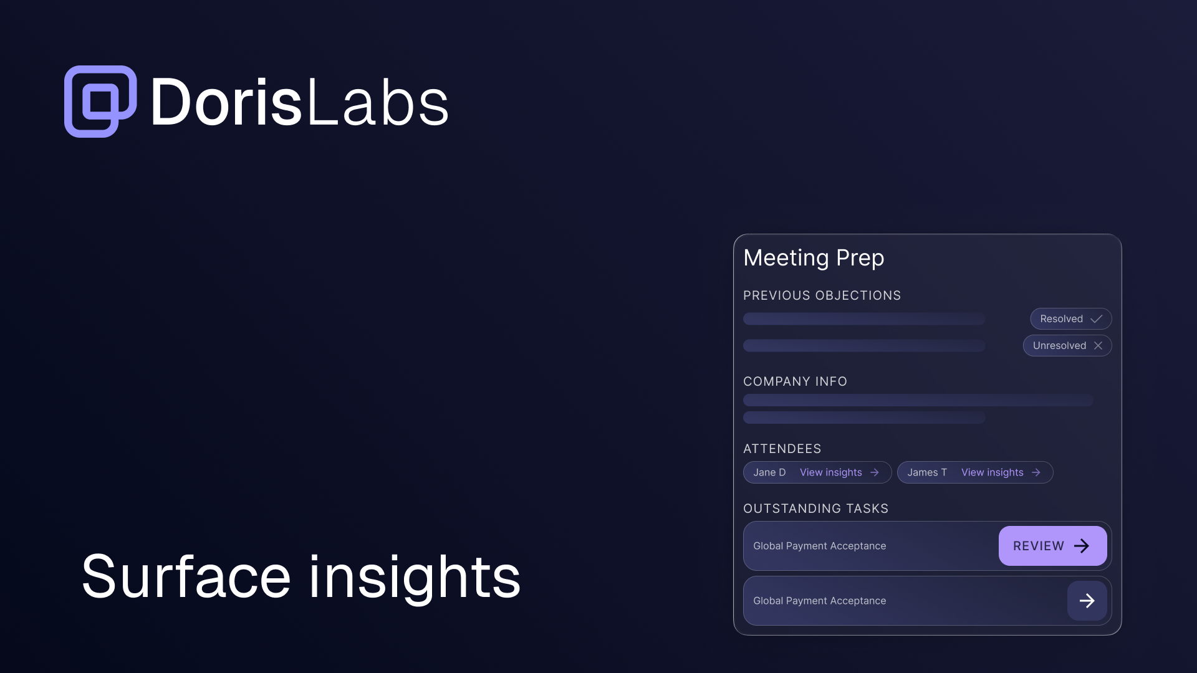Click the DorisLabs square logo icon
click(100, 102)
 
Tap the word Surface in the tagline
click(186, 577)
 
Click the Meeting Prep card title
click(814, 258)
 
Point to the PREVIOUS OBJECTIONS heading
click(822, 295)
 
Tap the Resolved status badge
click(1070, 319)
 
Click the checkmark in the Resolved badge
click(1097, 319)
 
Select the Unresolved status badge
click(1067, 346)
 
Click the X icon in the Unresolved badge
click(1098, 346)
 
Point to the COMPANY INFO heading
click(795, 381)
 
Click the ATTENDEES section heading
click(782, 449)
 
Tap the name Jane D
click(769, 472)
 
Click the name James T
click(927, 472)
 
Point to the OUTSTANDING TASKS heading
click(815, 508)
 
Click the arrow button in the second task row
click(1087, 601)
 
